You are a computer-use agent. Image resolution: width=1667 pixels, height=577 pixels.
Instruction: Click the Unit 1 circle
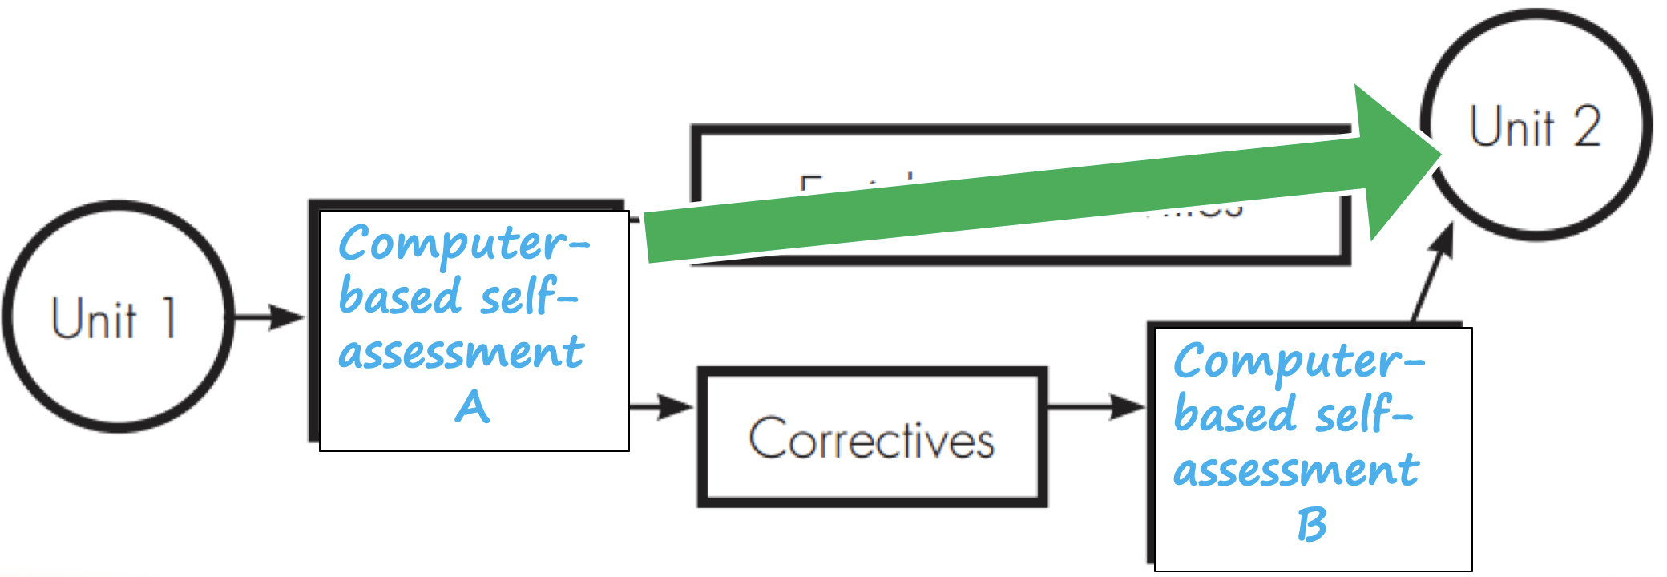(x=119, y=317)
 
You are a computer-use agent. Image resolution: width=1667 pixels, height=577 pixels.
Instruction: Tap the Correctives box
(x=872, y=438)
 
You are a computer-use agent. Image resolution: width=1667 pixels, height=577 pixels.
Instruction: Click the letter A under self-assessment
(x=472, y=406)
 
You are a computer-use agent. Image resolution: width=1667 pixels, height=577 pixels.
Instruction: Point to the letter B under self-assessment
(x=1311, y=525)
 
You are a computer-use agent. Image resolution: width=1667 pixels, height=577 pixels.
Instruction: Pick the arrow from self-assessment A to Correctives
(x=662, y=406)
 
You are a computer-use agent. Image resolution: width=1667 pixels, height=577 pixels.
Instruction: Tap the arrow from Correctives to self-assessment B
(x=1098, y=406)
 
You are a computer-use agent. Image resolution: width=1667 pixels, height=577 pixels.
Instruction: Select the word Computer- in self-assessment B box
(x=1299, y=362)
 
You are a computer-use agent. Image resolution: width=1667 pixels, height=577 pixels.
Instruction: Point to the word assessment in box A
(x=462, y=353)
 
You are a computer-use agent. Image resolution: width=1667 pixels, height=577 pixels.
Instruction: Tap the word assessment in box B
(x=1297, y=470)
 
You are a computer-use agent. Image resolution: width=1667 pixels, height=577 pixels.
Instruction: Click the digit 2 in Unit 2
(x=1587, y=127)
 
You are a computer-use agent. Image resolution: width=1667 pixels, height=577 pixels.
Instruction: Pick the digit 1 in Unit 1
(x=168, y=317)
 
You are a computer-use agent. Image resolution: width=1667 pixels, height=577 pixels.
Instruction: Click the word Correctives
(x=872, y=438)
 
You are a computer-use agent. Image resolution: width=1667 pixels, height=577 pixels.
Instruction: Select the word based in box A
(x=400, y=297)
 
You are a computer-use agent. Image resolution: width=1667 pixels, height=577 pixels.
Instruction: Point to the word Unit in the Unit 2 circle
(x=1512, y=127)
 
